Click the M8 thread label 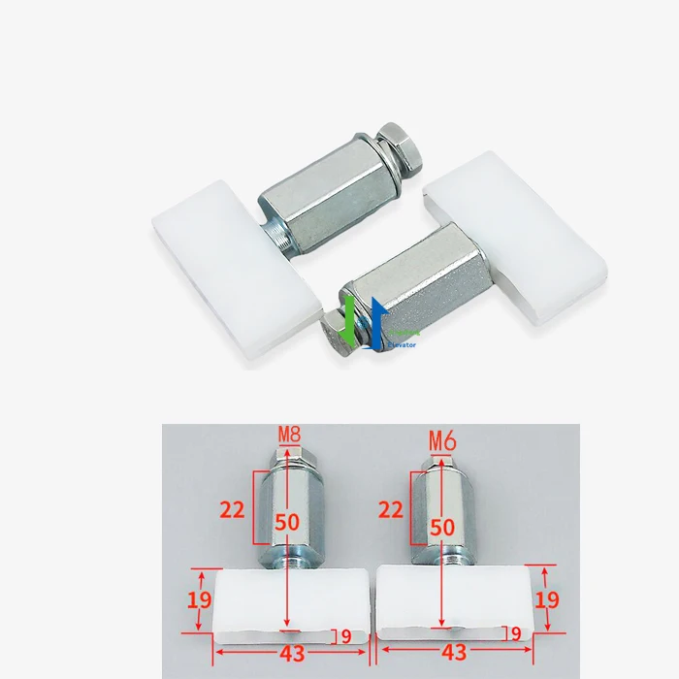pos(289,434)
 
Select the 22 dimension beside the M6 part pos(391,508)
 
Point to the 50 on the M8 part pos(287,521)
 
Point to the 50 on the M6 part pos(442,527)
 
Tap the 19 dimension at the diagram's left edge pos(200,600)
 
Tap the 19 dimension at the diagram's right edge pos(548,599)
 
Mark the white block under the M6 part pos(456,601)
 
